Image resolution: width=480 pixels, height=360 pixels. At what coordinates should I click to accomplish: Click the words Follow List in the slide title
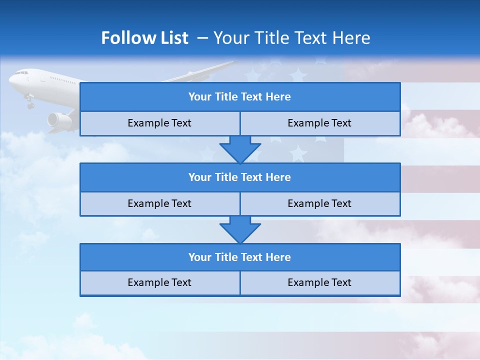click(144, 38)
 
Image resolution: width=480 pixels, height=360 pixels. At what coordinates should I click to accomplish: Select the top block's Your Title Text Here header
click(239, 97)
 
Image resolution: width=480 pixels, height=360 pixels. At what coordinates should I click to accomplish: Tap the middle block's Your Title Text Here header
click(239, 177)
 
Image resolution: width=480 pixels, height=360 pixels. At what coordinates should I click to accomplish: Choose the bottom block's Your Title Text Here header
click(239, 257)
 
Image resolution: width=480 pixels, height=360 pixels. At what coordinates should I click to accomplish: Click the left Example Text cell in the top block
click(159, 123)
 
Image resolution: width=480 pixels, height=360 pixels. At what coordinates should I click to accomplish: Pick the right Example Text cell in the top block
click(319, 123)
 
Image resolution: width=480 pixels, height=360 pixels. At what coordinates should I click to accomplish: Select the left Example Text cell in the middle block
click(159, 203)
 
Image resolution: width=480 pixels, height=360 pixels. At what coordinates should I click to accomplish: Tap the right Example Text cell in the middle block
click(319, 203)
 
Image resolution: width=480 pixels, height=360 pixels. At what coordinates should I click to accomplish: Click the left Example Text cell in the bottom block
click(159, 282)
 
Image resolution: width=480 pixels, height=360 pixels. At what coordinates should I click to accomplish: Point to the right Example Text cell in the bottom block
click(319, 282)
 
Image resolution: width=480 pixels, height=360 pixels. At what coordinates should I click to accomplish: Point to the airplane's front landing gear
click(30, 103)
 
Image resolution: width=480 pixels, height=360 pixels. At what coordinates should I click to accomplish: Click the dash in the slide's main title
click(203, 38)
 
